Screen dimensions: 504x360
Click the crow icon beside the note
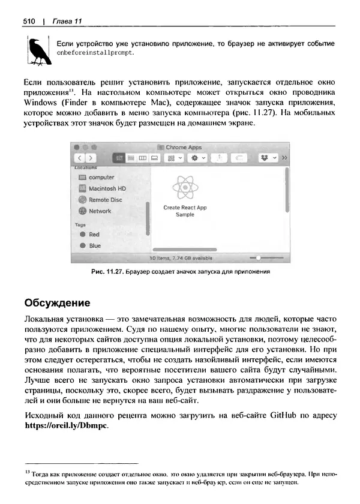37,51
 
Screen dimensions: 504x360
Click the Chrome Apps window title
183,147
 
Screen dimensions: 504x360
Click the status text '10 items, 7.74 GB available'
180,258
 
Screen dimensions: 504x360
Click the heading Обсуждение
57,302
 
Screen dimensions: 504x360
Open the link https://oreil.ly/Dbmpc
65,426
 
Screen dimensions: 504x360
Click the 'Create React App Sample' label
184,211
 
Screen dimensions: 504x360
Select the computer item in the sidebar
101,178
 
